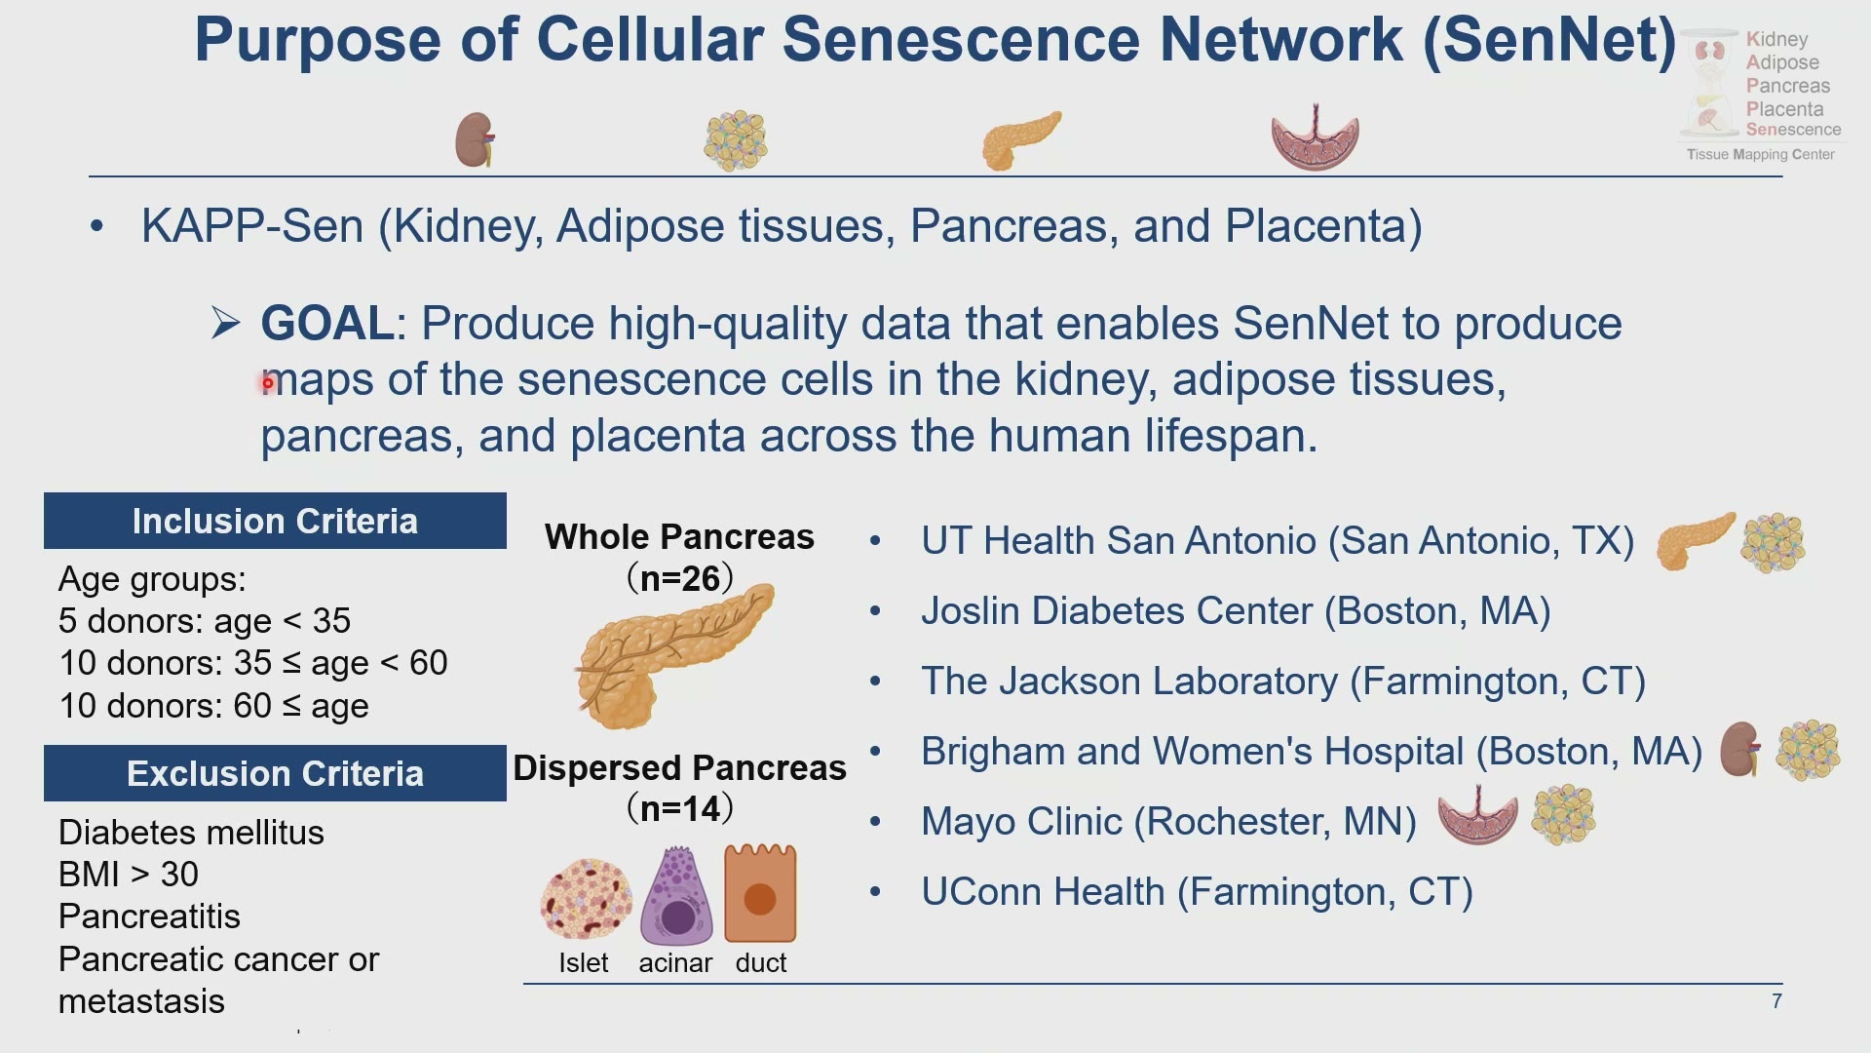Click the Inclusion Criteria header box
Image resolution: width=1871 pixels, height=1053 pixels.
(275, 521)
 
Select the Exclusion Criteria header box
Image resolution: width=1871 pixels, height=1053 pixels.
(275, 773)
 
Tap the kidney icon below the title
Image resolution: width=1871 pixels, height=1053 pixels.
(475, 139)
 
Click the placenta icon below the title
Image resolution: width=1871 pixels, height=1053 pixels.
(1315, 137)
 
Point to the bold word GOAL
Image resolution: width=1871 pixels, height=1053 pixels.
(327, 323)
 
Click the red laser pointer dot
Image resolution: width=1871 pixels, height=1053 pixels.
(268, 383)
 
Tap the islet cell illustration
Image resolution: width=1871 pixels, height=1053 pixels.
(585, 899)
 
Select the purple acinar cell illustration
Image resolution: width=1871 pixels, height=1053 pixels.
(676, 895)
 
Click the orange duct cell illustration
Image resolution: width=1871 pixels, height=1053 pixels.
(760, 893)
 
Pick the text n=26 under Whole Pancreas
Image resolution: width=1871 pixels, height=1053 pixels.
(680, 578)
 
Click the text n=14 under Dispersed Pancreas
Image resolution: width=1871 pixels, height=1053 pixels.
(680, 808)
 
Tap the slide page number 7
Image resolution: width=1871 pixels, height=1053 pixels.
(1776, 1001)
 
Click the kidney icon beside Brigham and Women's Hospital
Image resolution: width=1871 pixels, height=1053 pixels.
(1740, 749)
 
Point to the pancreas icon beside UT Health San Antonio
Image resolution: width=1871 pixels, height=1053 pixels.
(1697, 541)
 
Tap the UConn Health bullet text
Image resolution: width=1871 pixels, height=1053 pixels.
(1197, 892)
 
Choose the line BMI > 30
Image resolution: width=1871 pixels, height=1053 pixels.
(129, 875)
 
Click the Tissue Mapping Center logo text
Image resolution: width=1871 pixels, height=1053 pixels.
(1760, 154)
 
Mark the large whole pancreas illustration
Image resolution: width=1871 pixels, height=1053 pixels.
(675, 655)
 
